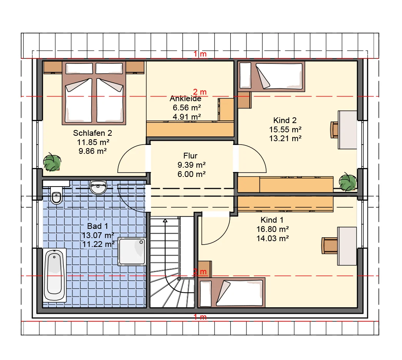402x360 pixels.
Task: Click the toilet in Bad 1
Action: [56, 195]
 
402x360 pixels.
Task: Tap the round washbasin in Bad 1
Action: [98, 187]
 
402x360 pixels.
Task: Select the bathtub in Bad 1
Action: [55, 275]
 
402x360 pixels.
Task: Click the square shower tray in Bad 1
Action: [132, 252]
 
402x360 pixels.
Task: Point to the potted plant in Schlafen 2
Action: [52, 162]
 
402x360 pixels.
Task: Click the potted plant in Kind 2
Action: [348, 182]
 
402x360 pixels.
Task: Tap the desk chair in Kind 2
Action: [334, 130]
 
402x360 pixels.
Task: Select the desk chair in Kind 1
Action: [330, 246]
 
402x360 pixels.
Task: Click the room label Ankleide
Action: [185, 98]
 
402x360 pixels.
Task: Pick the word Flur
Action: [190, 156]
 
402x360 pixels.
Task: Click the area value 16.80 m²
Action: [273, 229]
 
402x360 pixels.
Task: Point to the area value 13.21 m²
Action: [285, 138]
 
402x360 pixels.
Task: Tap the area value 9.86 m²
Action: [92, 151]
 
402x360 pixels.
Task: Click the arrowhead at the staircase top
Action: [165, 220]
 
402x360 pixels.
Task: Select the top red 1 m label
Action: [200, 54]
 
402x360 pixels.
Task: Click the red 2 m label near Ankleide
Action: [200, 92]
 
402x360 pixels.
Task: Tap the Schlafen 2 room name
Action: [92, 133]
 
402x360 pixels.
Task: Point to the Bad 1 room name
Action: [97, 226]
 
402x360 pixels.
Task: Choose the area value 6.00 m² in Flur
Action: [191, 174]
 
